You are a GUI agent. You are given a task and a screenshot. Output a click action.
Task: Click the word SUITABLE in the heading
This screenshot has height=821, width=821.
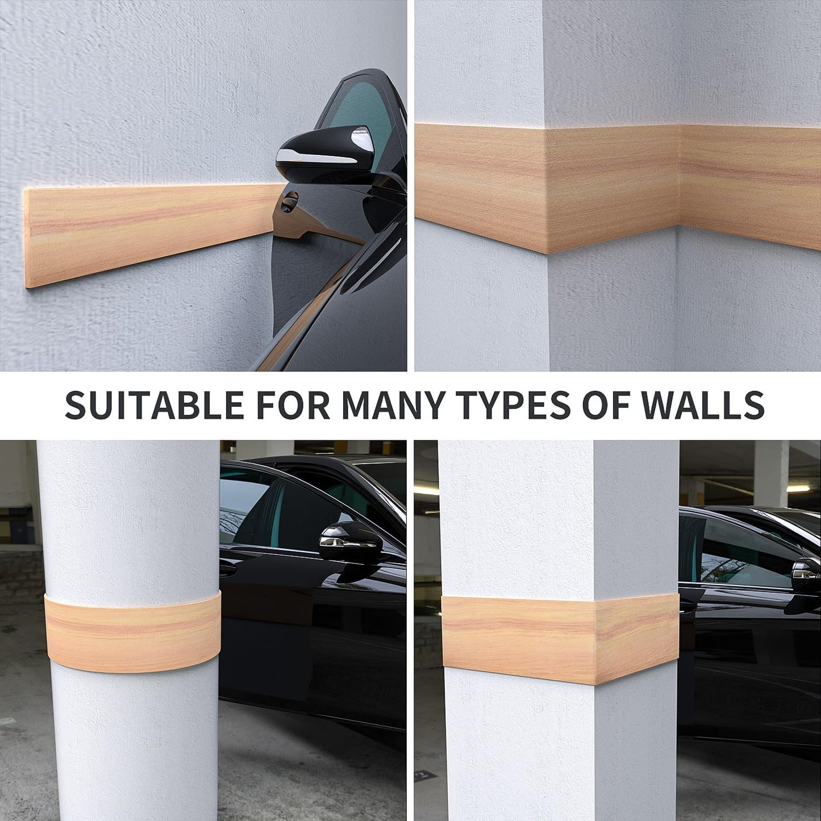[x=154, y=405]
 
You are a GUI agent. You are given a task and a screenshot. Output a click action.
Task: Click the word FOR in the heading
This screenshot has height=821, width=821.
[x=292, y=405]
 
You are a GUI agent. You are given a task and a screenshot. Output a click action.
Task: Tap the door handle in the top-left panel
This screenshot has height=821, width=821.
[x=289, y=202]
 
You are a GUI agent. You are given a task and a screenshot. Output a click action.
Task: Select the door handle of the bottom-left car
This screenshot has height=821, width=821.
[x=227, y=568]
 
